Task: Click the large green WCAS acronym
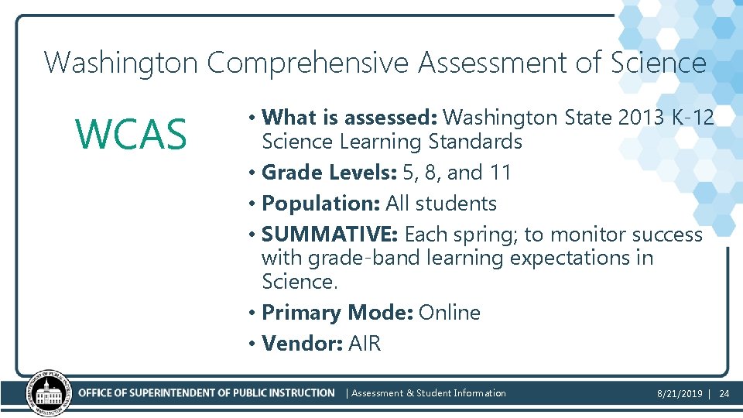point(131,135)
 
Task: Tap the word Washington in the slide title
point(122,63)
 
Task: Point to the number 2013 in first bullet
point(639,118)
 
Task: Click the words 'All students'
point(441,204)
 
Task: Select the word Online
point(450,313)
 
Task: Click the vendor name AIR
point(365,344)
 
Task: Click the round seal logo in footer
point(49,393)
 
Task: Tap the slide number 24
point(724,394)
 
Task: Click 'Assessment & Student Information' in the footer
point(429,393)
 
